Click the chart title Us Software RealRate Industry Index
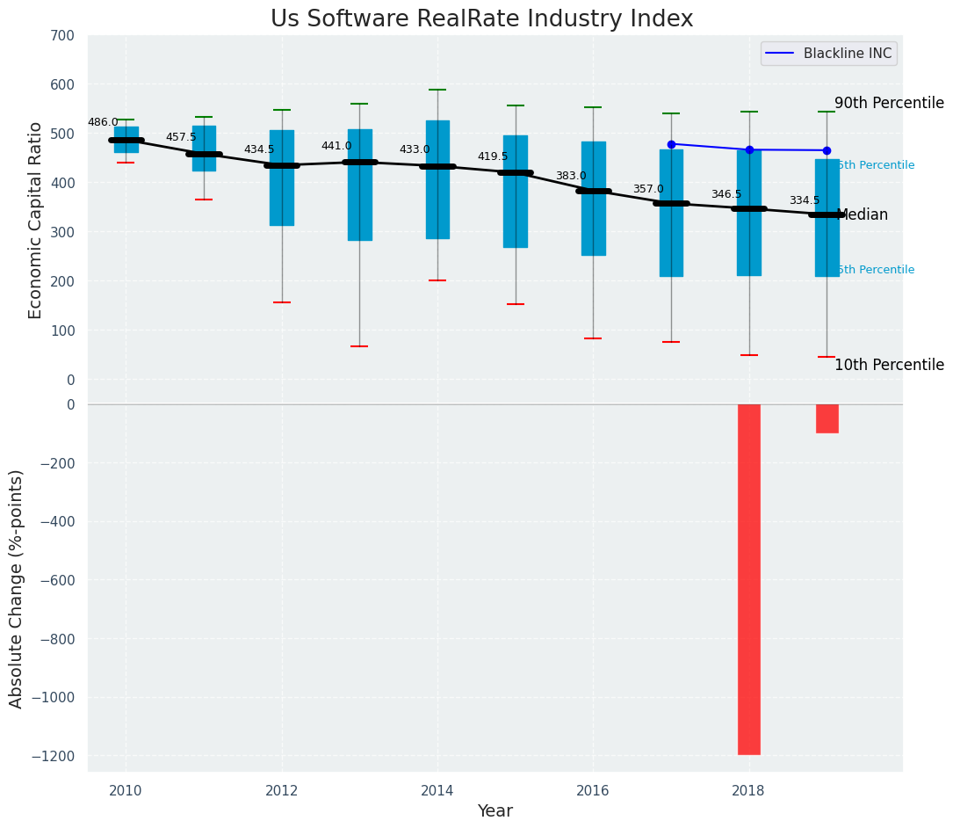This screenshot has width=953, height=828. (x=481, y=19)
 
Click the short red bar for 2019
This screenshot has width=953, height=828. (x=827, y=418)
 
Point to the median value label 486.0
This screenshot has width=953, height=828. (x=103, y=123)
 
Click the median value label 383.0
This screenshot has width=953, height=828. (x=570, y=177)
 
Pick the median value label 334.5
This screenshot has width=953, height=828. (x=804, y=201)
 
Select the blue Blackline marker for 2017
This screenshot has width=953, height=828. (x=671, y=144)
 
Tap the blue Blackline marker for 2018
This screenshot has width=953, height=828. (x=749, y=150)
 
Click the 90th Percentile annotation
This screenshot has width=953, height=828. (x=888, y=103)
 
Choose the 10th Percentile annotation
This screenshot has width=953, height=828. (x=888, y=366)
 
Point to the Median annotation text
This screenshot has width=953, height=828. (x=863, y=215)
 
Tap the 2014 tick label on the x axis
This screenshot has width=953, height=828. (x=437, y=791)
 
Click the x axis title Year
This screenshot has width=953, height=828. (x=495, y=811)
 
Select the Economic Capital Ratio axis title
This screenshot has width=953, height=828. (x=36, y=220)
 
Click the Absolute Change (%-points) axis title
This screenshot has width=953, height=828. (x=17, y=588)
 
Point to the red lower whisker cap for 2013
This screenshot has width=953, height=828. (x=359, y=346)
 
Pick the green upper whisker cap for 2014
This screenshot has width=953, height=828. (x=437, y=90)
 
